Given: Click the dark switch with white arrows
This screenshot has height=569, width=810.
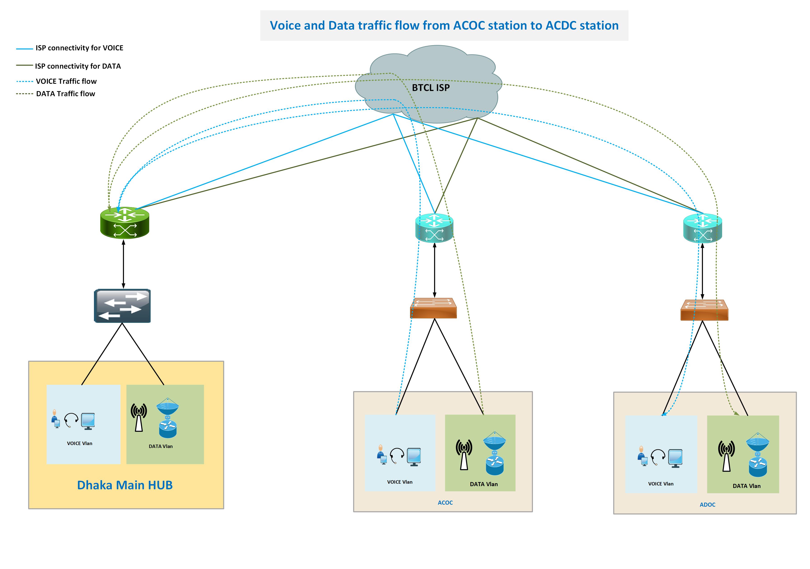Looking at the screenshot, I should pyautogui.click(x=122, y=306).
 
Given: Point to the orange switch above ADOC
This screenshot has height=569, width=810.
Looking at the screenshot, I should pyautogui.click(x=704, y=310).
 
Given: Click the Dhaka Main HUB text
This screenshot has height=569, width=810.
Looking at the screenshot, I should pyautogui.click(x=125, y=485).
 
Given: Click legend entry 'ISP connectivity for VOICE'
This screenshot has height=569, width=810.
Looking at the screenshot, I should pyautogui.click(x=79, y=48).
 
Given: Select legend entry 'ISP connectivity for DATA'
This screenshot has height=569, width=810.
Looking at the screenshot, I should pyautogui.click(x=78, y=66).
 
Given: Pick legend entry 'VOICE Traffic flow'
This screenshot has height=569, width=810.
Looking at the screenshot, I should pyautogui.click(x=66, y=82).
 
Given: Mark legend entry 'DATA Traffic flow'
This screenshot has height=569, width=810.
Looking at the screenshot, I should pyautogui.click(x=66, y=94).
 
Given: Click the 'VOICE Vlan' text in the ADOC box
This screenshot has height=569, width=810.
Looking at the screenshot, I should pyautogui.click(x=661, y=484).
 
